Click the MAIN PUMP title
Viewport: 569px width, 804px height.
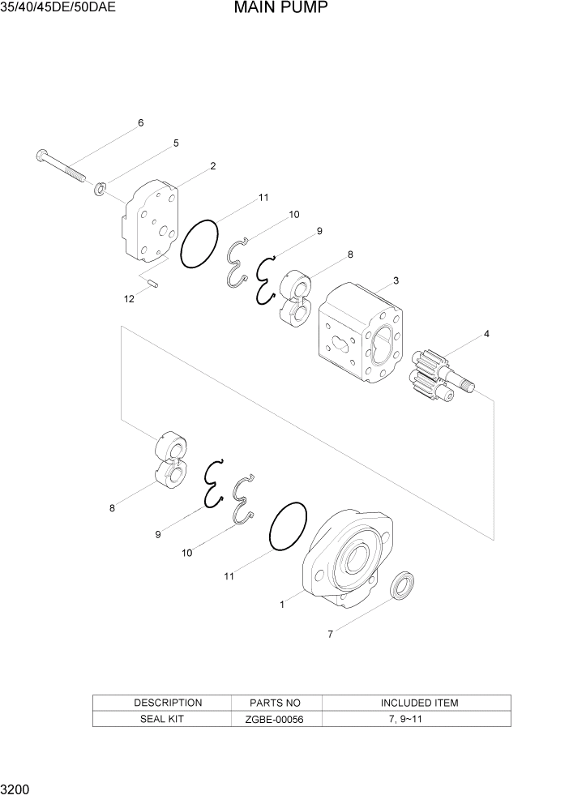coord(280,9)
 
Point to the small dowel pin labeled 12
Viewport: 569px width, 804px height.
coord(154,283)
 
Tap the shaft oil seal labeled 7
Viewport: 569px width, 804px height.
coord(403,586)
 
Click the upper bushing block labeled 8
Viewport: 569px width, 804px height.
coord(294,299)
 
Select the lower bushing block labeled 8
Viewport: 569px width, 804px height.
coord(169,459)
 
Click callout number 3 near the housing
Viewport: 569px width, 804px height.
coord(395,280)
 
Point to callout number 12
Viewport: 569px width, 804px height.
coord(129,299)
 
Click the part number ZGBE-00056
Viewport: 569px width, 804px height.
coord(276,719)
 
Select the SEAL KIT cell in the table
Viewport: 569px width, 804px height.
coord(168,719)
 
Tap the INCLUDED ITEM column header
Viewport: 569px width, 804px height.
coord(418,703)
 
